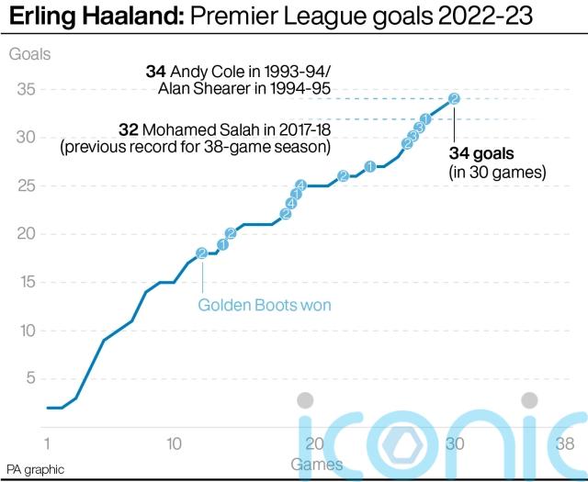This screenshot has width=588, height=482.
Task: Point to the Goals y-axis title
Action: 30,53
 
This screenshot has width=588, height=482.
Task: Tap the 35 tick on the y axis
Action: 26,89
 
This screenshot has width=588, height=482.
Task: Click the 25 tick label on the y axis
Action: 26,185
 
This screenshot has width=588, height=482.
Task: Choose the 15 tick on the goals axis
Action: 26,282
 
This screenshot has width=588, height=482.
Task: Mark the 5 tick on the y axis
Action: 30,378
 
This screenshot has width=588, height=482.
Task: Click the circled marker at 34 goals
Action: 454,99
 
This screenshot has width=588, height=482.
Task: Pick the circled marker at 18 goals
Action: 201,253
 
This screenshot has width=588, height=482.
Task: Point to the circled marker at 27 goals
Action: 370,166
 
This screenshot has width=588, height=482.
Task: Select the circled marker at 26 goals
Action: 343,176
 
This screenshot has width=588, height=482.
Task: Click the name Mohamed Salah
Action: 207,129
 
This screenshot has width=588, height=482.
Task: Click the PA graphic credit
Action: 35,469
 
